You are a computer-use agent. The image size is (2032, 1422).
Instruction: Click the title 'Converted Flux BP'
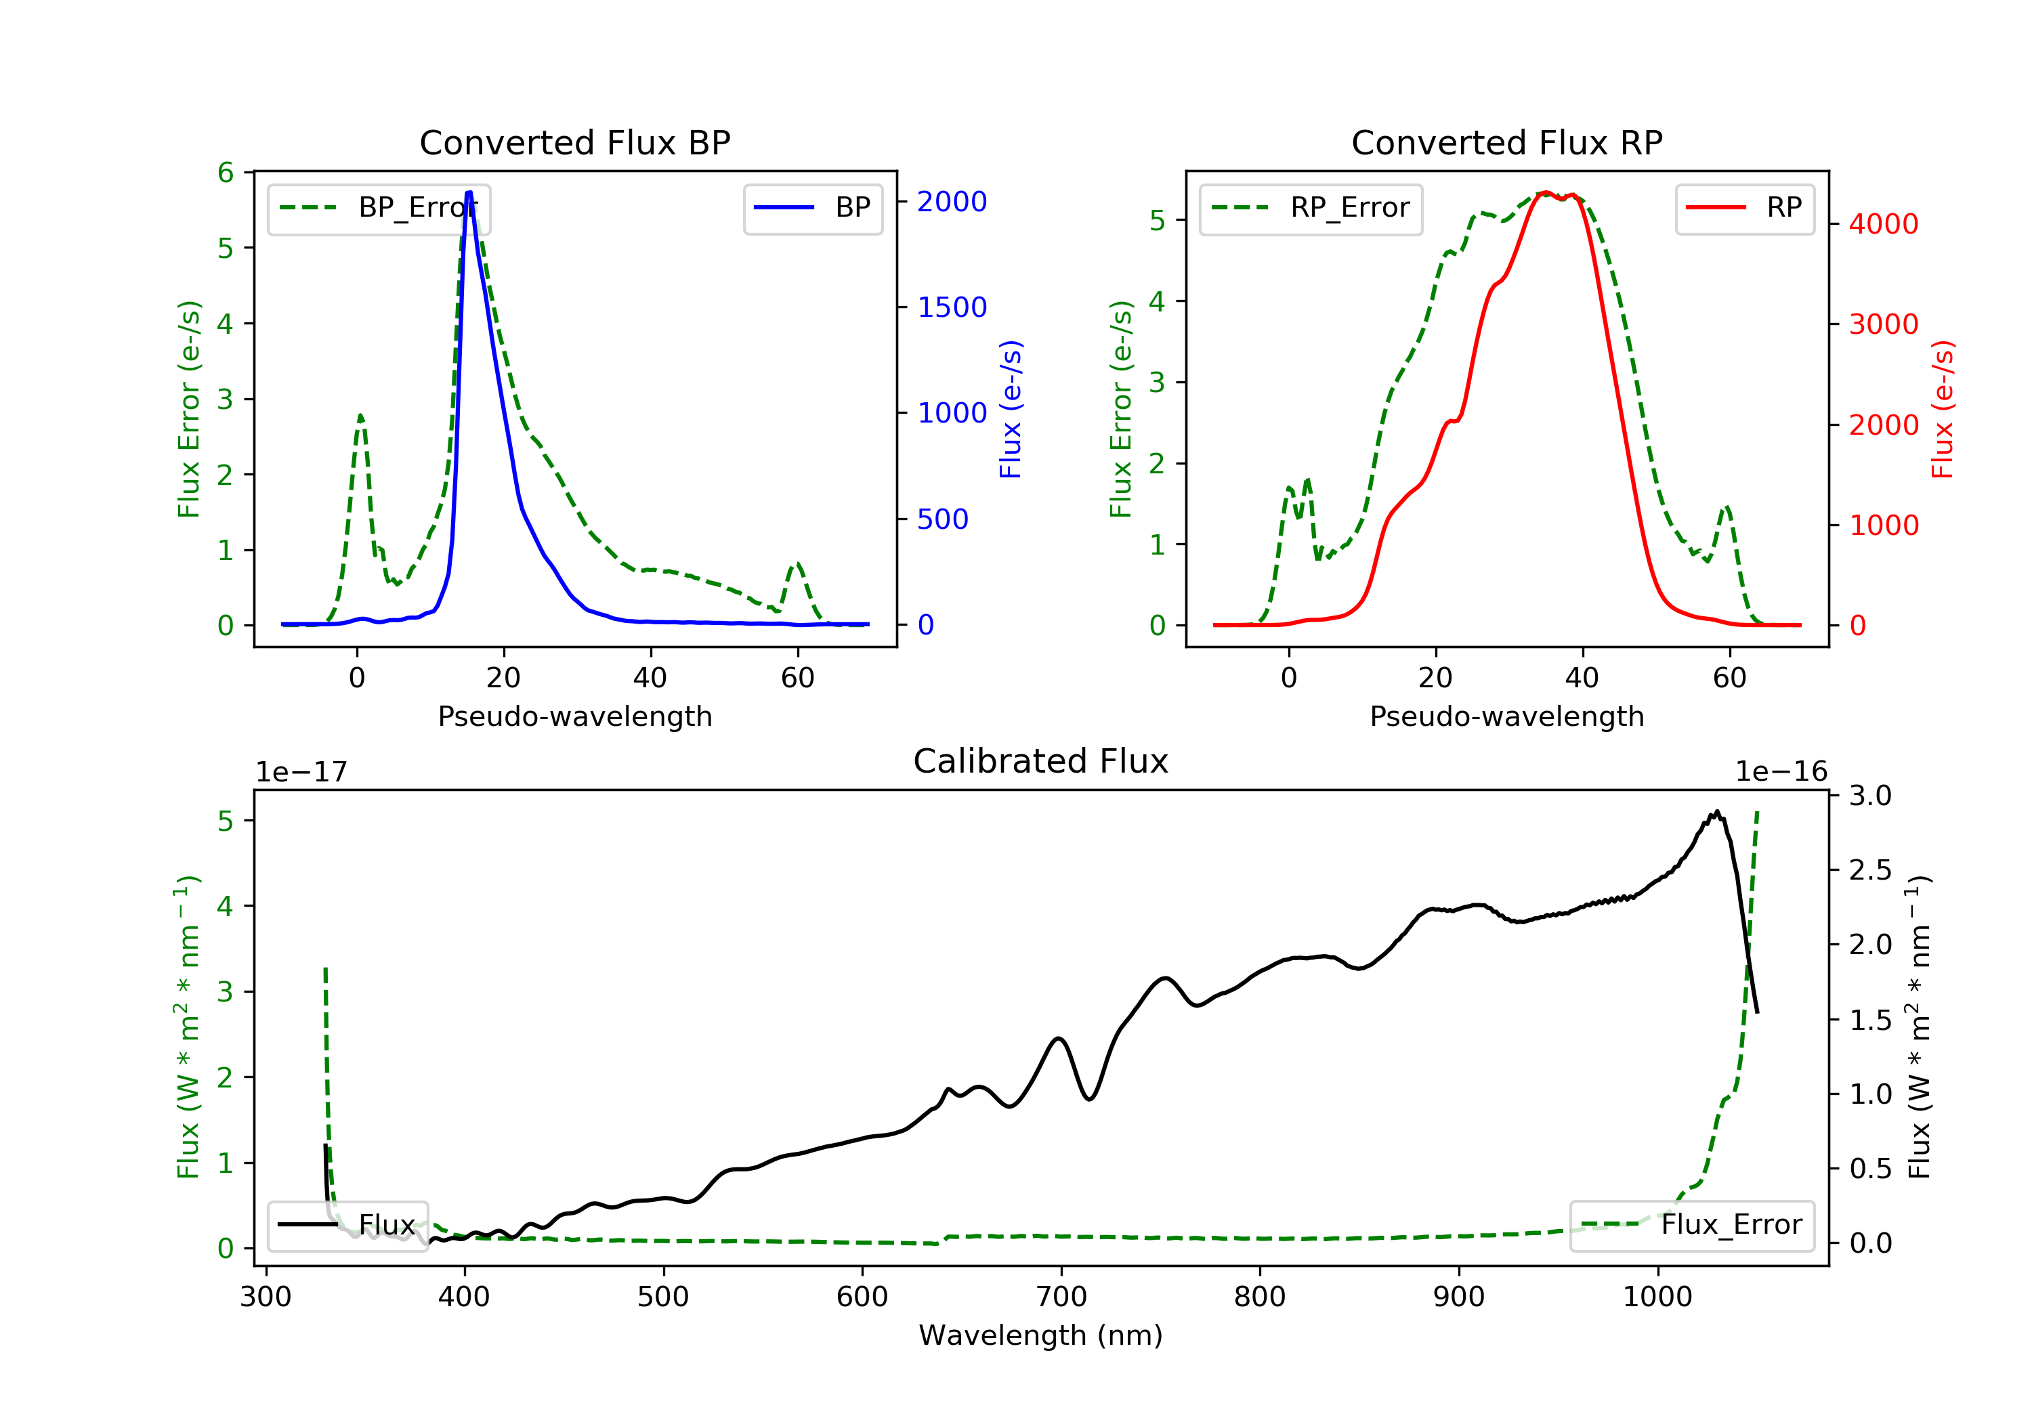[575, 142]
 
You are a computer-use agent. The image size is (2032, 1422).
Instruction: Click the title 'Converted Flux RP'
[1507, 142]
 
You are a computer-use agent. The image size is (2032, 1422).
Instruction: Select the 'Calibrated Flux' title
[1041, 761]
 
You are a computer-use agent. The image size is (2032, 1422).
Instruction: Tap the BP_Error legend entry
[379, 209]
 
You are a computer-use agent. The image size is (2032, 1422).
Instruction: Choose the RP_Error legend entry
[1311, 209]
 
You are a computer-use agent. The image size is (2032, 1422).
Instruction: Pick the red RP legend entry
[1744, 209]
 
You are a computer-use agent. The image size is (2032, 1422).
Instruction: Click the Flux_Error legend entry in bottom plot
[1691, 1226]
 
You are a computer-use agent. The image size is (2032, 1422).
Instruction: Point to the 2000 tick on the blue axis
[952, 202]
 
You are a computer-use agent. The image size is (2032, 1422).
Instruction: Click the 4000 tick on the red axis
[1883, 224]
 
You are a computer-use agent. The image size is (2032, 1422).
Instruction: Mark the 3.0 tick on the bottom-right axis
[1869, 796]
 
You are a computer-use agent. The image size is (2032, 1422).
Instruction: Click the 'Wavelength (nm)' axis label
[1041, 1335]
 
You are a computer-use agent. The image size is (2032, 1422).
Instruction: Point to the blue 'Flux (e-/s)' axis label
[1011, 409]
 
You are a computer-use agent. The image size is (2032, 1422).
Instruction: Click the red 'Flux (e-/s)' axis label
[1943, 409]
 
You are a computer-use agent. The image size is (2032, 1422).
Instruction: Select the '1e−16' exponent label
[1781, 772]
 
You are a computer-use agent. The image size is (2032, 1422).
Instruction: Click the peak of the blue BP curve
[469, 192]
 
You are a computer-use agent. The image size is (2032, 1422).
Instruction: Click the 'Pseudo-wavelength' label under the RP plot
[1507, 716]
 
